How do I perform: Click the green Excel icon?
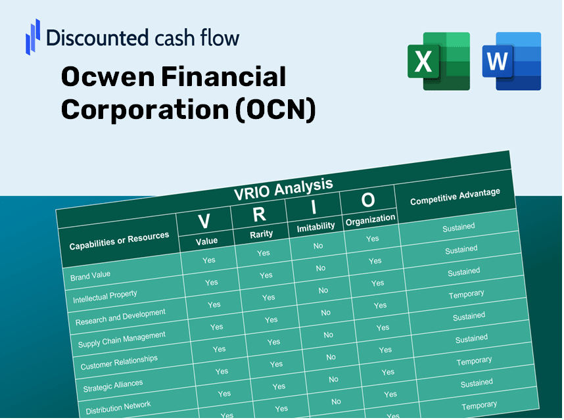coord(438,61)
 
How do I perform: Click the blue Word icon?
coord(511,61)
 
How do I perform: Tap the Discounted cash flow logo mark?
coord(33,37)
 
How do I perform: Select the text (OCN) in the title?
coord(275,110)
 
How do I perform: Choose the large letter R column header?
coord(260,215)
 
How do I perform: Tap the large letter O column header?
coord(368,200)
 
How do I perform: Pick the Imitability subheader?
coord(316,227)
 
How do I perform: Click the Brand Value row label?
coord(91,275)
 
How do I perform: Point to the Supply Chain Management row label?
coord(122,340)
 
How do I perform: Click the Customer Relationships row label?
coord(119,362)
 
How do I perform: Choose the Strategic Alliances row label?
coord(112,385)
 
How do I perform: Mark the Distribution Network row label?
coord(118,407)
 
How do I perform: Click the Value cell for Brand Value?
coord(208,260)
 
